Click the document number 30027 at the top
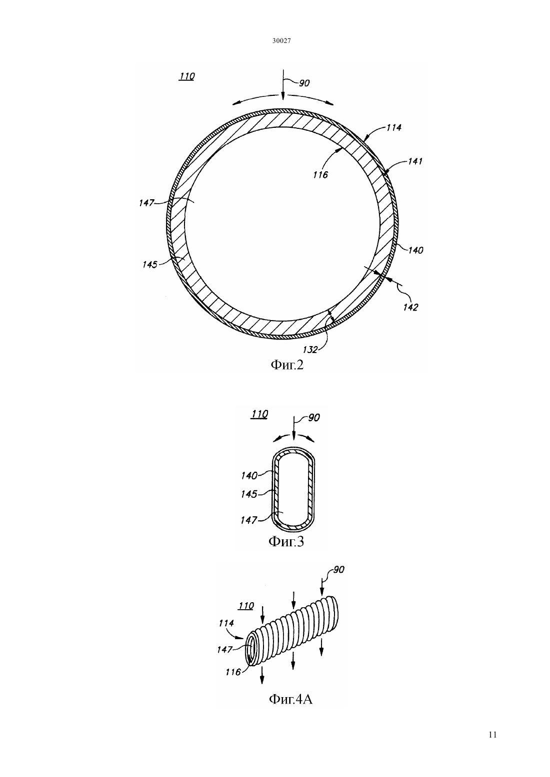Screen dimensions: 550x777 [281, 41]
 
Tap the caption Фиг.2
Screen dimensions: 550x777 [287, 365]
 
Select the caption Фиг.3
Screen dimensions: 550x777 [286, 541]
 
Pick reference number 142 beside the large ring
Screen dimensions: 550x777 [410, 307]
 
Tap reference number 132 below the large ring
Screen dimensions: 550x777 [310, 350]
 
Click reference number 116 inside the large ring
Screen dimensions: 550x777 [320, 175]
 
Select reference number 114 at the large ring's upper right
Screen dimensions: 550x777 [394, 128]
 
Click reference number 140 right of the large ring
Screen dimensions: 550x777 [415, 250]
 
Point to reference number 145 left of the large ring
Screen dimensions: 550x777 [149, 265]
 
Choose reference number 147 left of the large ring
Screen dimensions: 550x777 [146, 203]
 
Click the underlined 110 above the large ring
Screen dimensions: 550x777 [187, 76]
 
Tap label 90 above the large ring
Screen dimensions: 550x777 [304, 83]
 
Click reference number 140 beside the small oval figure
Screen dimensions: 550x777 [249, 475]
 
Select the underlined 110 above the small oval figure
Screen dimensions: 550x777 [259, 414]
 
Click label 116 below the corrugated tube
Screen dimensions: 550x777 [233, 672]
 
